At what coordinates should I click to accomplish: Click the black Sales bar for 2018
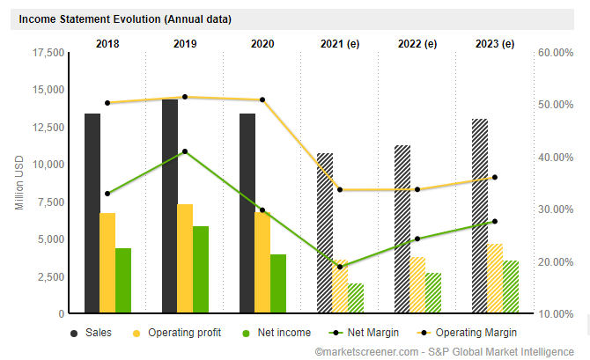pos(92,213)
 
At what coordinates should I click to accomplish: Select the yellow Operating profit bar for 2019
pos(185,259)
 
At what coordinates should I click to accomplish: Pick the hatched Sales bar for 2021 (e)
pos(325,233)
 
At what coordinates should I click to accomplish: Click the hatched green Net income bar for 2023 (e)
pos(511,286)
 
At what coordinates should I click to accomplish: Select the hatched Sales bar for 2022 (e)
pos(402,229)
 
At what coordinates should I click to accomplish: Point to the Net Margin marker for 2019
pos(185,151)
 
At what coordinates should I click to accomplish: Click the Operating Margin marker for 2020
pos(262,99)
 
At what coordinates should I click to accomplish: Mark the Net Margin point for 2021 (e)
pos(340,267)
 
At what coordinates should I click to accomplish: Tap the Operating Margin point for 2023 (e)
pos(495,177)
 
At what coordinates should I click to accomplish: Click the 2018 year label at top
pos(107,43)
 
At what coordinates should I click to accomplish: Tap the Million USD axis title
pos(20,183)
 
